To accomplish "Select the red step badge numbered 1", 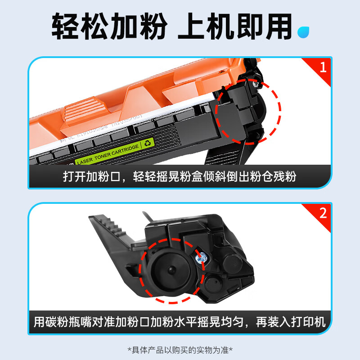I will pos(322,67).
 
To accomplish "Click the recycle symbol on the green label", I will pos(148,144).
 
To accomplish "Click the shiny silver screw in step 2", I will pos(201,257).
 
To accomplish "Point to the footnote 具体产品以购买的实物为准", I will pos(180,349).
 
